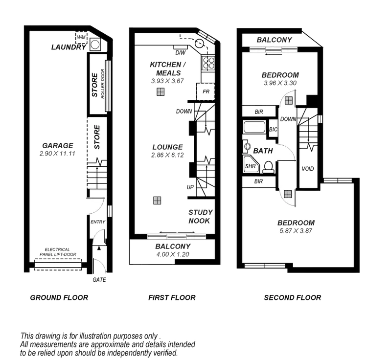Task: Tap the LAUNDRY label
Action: (69, 47)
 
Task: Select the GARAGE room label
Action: (58, 146)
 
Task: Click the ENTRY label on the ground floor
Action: (98, 223)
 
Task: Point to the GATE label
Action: (98, 280)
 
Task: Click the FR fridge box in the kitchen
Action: (206, 91)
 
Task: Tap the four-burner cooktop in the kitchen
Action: (208, 62)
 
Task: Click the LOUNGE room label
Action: (167, 147)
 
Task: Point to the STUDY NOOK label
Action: (201, 216)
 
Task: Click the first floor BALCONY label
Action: (172, 246)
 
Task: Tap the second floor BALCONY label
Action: (275, 40)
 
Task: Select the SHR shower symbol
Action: (251, 166)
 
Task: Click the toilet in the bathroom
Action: (268, 167)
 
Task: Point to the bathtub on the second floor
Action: (254, 129)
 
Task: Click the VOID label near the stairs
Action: (308, 169)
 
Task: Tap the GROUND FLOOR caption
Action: (59, 297)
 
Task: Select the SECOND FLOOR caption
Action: (292, 297)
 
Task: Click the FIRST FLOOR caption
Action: (171, 297)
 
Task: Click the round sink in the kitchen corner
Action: (199, 44)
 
